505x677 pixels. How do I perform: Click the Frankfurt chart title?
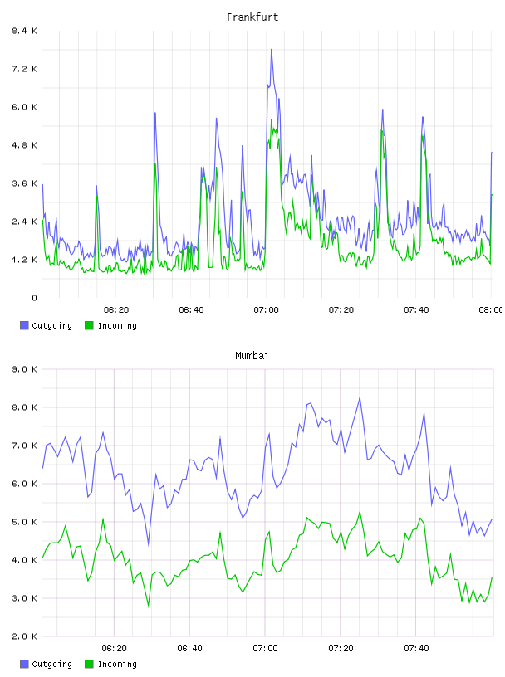[252, 17]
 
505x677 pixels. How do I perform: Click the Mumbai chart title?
[252, 356]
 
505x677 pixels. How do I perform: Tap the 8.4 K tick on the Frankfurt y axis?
[24, 31]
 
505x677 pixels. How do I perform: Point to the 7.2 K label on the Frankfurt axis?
[24, 69]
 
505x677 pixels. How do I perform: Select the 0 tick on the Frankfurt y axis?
[34, 298]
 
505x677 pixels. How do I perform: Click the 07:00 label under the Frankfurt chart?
[266, 310]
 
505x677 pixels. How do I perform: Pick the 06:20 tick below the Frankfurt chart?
[116, 310]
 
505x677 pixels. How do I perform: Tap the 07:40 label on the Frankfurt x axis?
[416, 310]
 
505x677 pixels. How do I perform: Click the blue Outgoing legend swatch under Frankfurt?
[24, 325]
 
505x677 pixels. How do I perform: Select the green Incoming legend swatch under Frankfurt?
[89, 325]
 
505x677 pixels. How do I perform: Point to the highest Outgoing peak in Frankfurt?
[272, 50]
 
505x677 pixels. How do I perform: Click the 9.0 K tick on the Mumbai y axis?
[24, 369]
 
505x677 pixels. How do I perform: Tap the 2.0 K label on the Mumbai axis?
[24, 636]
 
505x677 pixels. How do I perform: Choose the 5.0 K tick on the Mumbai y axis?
[24, 522]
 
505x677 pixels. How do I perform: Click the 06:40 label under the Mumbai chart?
[190, 649]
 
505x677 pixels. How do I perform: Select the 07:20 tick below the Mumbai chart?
[341, 649]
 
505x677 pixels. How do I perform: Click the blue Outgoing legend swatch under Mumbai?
[24, 664]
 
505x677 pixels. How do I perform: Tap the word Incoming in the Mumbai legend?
[117, 664]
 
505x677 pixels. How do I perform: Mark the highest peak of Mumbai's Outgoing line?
[360, 397]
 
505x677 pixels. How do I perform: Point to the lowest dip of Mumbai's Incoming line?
[149, 606]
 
